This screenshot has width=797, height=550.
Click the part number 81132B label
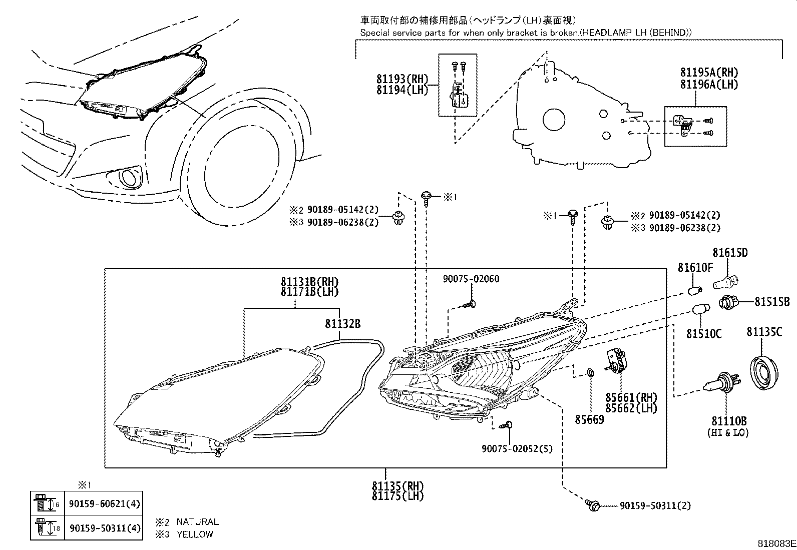(342, 324)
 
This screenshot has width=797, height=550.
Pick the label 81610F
(695, 268)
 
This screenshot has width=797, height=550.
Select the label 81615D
(730, 253)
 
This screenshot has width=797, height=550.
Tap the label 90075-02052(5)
(517, 449)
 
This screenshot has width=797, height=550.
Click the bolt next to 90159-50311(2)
(593, 505)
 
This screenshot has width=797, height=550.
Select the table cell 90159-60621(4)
(103, 505)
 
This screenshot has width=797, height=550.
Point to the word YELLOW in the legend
(194, 534)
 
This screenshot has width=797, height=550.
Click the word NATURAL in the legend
(197, 521)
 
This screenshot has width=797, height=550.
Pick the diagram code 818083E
(775, 543)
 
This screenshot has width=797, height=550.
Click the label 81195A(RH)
(709, 73)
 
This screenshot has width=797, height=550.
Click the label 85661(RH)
(631, 398)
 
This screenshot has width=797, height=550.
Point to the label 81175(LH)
(397, 496)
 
